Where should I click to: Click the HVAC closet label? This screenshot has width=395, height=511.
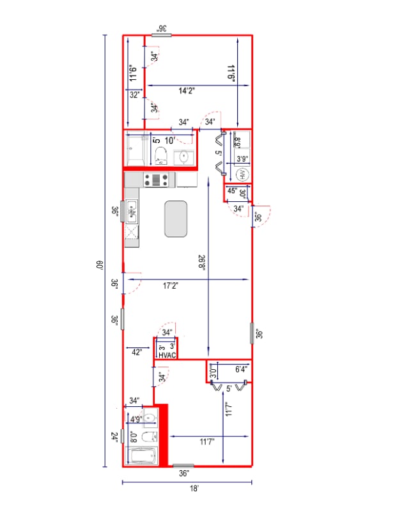(x=166, y=355)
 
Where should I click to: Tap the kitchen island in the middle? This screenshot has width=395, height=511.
(x=176, y=218)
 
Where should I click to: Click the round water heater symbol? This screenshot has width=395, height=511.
(x=243, y=174)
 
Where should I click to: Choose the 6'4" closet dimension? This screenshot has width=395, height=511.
(x=241, y=369)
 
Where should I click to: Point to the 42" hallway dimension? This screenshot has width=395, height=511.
(x=136, y=352)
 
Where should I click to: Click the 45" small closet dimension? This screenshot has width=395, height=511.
(x=232, y=190)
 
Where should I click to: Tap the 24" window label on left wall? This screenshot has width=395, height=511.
(x=114, y=438)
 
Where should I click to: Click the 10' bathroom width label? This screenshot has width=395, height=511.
(x=170, y=141)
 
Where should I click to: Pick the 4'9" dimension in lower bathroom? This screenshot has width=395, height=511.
(x=136, y=420)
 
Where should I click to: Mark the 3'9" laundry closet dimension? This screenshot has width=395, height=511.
(x=242, y=158)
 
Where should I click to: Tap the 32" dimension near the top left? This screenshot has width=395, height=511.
(x=134, y=95)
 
